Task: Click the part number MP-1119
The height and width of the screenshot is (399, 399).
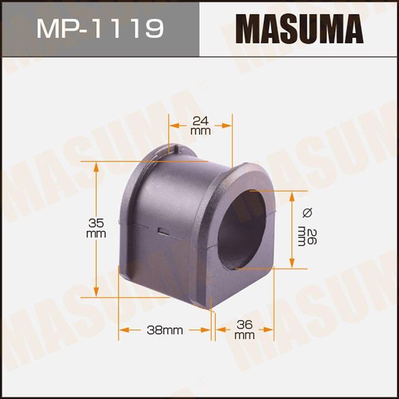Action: [99, 28]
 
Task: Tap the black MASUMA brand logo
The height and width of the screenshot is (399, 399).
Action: [299, 28]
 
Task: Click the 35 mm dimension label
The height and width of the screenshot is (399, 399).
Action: [95, 228]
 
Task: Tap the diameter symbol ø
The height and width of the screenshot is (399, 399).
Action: [305, 213]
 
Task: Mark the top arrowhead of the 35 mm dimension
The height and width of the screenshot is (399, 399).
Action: [95, 165]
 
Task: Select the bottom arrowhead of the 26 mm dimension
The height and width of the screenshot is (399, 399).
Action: [292, 264]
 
